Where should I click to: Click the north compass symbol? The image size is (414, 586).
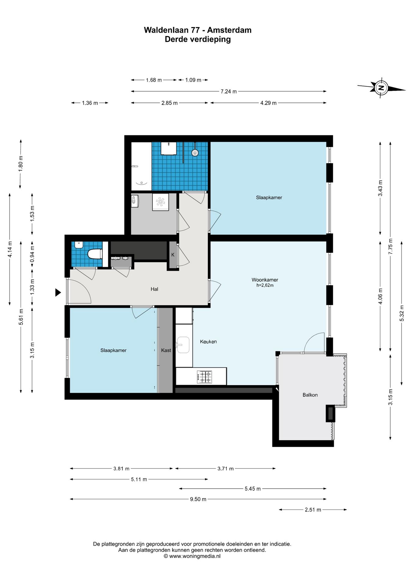pyautogui.click(x=381, y=88)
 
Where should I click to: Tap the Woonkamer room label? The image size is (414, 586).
pyautogui.click(x=265, y=280)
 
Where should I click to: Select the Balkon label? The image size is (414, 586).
pyautogui.click(x=310, y=395)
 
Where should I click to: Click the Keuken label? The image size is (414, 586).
pyautogui.click(x=208, y=342)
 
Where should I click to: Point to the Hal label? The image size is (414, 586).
pyautogui.click(x=154, y=289)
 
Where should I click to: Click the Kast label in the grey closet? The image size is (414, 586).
pyautogui.click(x=166, y=350)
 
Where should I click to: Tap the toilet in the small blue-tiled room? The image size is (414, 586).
pyautogui.click(x=95, y=254)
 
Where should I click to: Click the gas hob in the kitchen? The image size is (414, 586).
pyautogui.click(x=205, y=377)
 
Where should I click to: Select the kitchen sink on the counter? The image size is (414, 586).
pyautogui.click(x=183, y=345)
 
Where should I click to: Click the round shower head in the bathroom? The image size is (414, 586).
pyautogui.click(x=195, y=153)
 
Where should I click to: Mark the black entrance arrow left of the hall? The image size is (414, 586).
pyautogui.click(x=58, y=292)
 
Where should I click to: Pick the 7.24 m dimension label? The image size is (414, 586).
pyautogui.click(x=229, y=92)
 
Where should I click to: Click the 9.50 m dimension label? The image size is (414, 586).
pyautogui.click(x=198, y=499)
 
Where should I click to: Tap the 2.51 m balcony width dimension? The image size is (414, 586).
pyautogui.click(x=313, y=510)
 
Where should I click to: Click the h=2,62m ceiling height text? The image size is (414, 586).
pyautogui.click(x=265, y=286)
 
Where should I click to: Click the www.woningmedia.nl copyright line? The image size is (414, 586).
pyautogui.click(x=192, y=556)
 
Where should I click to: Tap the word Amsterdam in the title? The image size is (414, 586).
pyautogui.click(x=229, y=30)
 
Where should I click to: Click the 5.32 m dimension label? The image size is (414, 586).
pyautogui.click(x=402, y=313)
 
